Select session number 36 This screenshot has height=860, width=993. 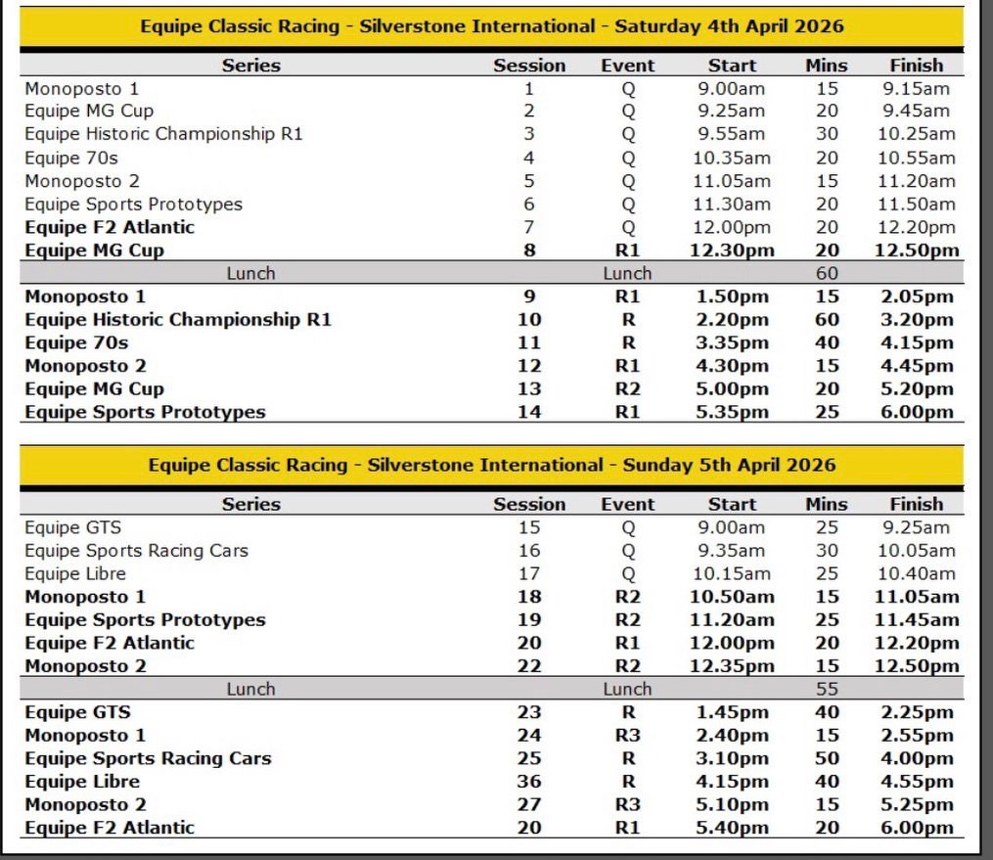(x=529, y=781)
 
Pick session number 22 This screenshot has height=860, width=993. (x=529, y=666)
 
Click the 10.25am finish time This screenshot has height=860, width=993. (x=917, y=134)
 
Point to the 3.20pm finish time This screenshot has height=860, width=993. (x=917, y=320)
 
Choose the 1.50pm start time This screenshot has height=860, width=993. (x=732, y=296)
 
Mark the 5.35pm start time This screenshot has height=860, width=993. (x=732, y=412)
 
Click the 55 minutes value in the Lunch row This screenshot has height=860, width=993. (x=827, y=689)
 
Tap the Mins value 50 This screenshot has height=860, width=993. (x=827, y=758)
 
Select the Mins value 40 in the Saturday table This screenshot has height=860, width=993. (x=827, y=342)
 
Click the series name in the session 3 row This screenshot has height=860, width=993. (x=163, y=134)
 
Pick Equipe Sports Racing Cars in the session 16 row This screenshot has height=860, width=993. (x=136, y=551)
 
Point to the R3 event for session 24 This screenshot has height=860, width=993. (x=628, y=735)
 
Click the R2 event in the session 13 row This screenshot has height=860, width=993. (x=628, y=388)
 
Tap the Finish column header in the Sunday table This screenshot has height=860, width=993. (x=917, y=505)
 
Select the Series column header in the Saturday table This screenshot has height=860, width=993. (x=250, y=66)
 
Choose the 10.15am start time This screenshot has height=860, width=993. (x=732, y=573)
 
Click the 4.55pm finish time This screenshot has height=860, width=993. (x=917, y=781)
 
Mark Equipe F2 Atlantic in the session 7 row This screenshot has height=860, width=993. (x=110, y=227)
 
